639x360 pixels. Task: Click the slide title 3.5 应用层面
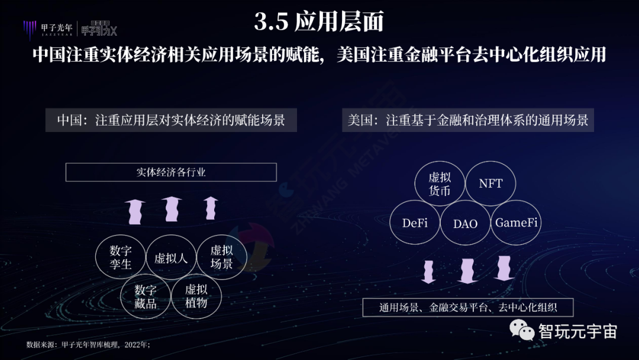[319, 22]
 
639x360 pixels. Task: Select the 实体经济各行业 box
[171, 172]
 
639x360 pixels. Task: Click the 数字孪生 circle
[121, 258]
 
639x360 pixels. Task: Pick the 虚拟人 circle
[170, 258]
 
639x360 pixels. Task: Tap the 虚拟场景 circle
[221, 258]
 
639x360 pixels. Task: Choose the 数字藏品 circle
[146, 296]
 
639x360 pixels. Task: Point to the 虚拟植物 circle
[196, 296]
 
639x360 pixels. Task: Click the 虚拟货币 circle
[440, 184]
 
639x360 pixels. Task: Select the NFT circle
[490, 184]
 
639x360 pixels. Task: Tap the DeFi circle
[415, 223]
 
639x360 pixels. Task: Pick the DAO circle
[465, 223]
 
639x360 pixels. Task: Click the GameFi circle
[516, 223]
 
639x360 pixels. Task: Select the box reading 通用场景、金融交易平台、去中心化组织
[467, 308]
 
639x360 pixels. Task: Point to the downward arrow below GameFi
[504, 268]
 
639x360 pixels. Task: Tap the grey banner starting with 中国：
[171, 120]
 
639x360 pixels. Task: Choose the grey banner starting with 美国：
[467, 120]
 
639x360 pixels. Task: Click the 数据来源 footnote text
[88, 345]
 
